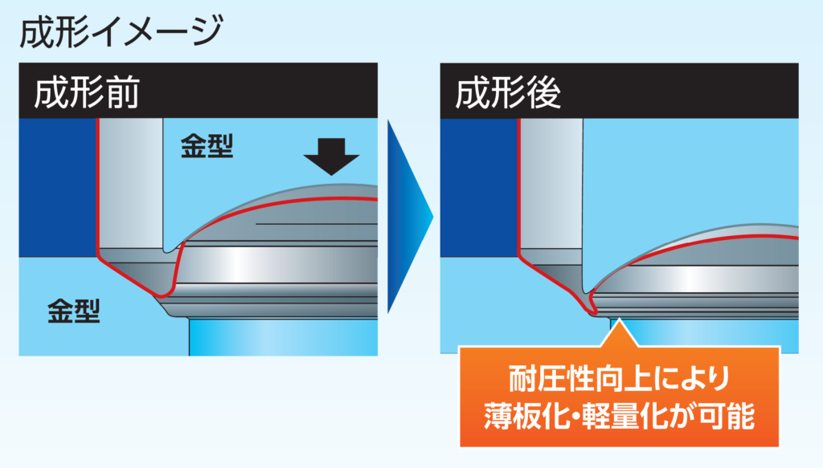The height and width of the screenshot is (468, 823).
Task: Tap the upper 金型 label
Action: point(207,146)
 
